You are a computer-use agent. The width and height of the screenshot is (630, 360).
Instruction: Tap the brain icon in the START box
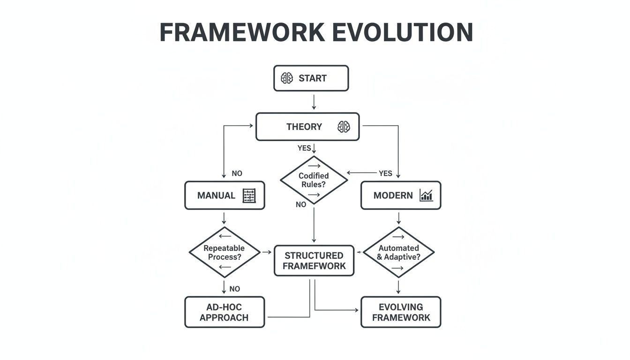pos(287,78)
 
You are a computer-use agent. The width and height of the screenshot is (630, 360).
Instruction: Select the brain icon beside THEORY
pos(344,127)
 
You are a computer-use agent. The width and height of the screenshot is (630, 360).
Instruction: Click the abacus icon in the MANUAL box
pos(249,195)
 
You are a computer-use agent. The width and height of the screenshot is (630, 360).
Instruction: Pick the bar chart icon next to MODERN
pos(426,195)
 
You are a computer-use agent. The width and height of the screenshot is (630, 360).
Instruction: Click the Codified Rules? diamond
pos(314,180)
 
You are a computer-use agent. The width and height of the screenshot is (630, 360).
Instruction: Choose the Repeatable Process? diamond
pos(225,252)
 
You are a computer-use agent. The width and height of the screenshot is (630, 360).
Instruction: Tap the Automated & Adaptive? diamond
pos(398,252)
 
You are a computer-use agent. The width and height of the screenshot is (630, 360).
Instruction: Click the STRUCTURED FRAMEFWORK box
pos(314,261)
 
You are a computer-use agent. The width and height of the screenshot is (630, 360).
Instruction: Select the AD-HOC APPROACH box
pos(225,312)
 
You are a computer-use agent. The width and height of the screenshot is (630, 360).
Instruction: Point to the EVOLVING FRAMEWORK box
pos(401,312)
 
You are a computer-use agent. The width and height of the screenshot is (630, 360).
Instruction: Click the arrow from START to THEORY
pos(314,102)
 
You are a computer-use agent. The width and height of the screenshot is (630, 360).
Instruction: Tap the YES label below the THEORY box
pos(304,148)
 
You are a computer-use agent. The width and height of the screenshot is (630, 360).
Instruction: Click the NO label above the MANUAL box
pos(237,173)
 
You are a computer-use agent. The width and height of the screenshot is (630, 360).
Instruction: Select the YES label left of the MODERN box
pos(385,173)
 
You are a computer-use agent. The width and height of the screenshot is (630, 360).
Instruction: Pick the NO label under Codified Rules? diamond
pos(301,204)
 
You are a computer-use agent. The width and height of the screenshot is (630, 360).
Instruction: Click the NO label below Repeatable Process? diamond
pos(235,289)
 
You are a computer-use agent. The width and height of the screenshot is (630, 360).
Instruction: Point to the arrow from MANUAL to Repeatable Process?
pos(225,218)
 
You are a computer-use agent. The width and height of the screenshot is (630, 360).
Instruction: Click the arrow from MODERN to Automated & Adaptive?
pos(398,218)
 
